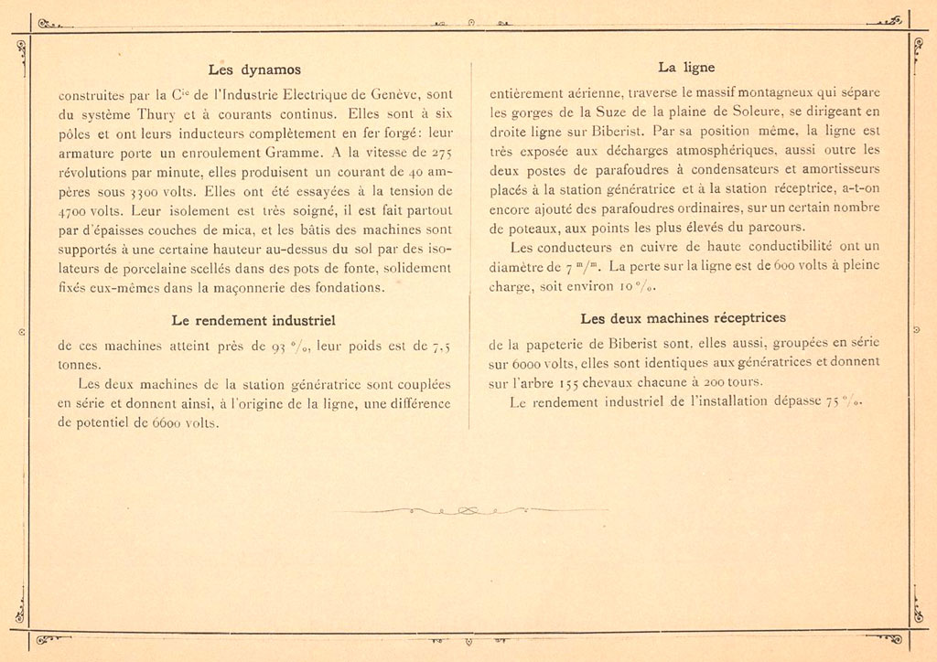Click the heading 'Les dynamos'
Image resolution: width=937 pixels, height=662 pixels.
[x=254, y=69]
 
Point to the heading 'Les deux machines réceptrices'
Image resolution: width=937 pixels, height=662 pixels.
[x=683, y=318]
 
